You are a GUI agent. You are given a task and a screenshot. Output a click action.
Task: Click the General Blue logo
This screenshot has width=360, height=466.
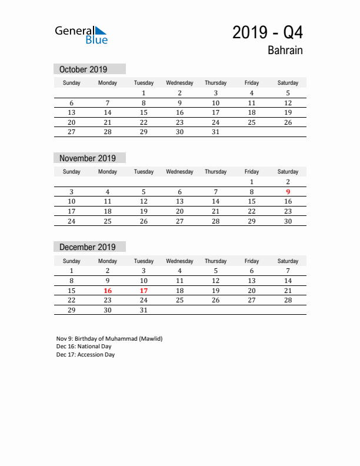pyautogui.click(x=81, y=35)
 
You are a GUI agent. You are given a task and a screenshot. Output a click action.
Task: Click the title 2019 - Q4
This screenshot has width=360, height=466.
pyautogui.click(x=268, y=32)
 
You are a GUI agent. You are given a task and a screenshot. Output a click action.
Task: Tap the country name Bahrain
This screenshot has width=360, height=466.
pyautogui.click(x=285, y=51)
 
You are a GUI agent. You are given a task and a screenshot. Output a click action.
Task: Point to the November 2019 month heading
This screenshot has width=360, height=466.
pyautogui.click(x=88, y=158)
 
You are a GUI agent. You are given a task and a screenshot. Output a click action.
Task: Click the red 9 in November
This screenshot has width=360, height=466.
pyautogui.click(x=288, y=192)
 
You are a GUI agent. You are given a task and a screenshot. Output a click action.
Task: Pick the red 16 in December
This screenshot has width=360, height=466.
pyautogui.click(x=108, y=291)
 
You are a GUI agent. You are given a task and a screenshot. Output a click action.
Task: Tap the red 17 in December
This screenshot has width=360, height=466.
pyautogui.click(x=144, y=291)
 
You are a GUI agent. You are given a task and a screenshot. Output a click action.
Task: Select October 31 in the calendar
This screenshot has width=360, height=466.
pyautogui.click(x=215, y=132)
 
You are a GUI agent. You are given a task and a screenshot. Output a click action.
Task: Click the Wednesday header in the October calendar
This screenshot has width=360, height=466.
pyautogui.click(x=179, y=83)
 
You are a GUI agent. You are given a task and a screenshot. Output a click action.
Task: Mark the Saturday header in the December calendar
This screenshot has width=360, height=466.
pyautogui.click(x=288, y=261)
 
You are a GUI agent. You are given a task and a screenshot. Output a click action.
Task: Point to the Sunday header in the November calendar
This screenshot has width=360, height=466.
pyautogui.click(x=72, y=172)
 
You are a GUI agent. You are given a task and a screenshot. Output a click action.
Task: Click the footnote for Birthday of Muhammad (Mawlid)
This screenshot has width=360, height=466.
pyautogui.click(x=109, y=338)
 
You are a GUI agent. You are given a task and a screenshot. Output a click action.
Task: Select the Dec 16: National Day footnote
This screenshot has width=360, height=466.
pyautogui.click(x=84, y=347)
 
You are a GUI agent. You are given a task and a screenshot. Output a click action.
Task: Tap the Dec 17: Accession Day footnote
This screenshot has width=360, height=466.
pyautogui.click(x=85, y=355)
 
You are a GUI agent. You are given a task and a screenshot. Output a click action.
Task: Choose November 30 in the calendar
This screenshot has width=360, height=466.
pyautogui.click(x=288, y=221)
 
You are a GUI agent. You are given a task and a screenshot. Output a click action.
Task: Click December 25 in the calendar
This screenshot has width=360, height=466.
pyautogui.click(x=179, y=300)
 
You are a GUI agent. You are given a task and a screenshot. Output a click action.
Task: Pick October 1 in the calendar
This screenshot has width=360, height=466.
pyautogui.click(x=144, y=93)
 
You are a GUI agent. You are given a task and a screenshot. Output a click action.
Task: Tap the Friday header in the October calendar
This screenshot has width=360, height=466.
pyautogui.click(x=252, y=83)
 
